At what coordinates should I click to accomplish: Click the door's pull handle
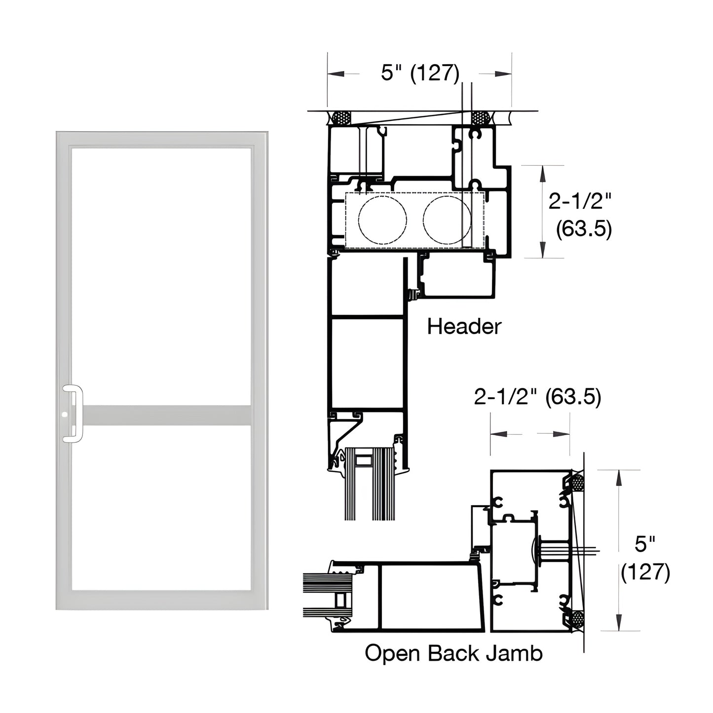pos(74,413)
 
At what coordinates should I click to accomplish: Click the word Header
pos(464,327)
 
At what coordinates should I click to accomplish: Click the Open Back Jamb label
pos(453,653)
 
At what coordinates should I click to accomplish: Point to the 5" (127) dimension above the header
pos(420,73)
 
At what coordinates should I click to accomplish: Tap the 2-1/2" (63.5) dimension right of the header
pos(580,215)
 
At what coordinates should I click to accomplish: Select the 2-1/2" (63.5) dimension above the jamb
pos(537,397)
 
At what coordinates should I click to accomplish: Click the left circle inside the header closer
pos(382,220)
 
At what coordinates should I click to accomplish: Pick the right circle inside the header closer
pos(447,220)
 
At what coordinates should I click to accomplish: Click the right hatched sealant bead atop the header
pos(480,118)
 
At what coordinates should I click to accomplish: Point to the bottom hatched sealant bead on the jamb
pos(577,618)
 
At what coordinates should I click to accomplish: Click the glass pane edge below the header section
pos(370,493)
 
